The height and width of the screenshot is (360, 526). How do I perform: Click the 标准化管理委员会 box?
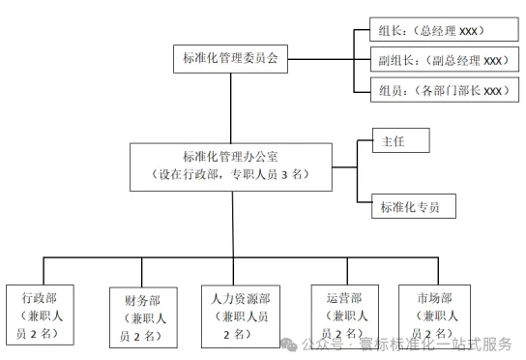(230, 58)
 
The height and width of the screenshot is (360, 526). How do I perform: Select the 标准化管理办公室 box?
(230, 165)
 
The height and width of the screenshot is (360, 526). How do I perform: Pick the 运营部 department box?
(343, 315)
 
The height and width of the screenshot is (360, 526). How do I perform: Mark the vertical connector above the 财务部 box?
(142, 272)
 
